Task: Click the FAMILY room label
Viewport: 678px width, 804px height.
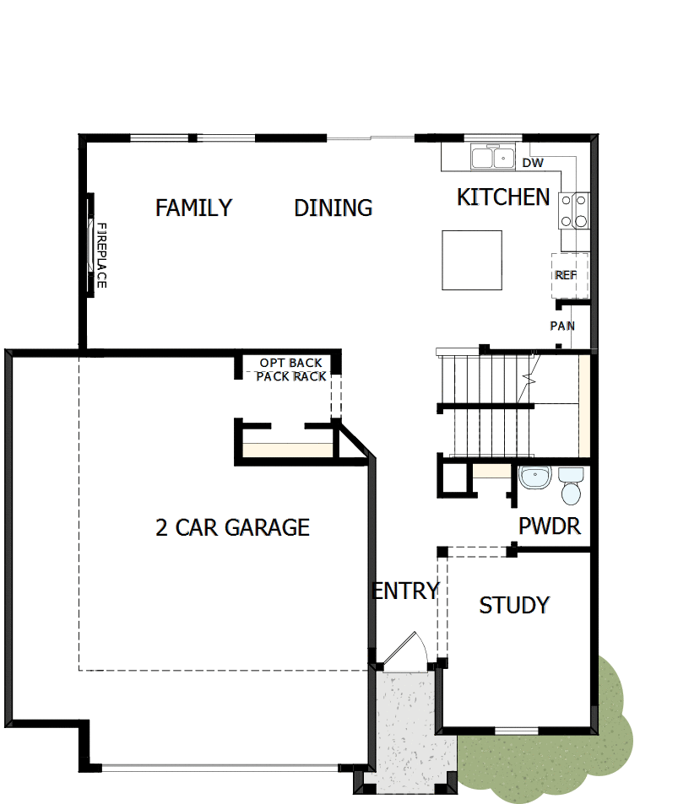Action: pos(193,208)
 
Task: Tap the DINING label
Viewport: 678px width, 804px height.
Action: pos(334,208)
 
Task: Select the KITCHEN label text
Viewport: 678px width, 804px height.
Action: pos(503,197)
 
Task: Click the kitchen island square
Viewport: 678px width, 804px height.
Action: pos(472,259)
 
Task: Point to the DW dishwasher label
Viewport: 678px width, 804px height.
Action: pos(533,163)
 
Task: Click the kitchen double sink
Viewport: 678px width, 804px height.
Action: pos(494,158)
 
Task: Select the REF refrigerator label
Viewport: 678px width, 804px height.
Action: pos(565,275)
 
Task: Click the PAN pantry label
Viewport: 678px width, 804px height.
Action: pos(563,326)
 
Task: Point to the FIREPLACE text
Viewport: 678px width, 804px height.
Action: pos(100,255)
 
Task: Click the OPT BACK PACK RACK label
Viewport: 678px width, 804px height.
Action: pos(291,370)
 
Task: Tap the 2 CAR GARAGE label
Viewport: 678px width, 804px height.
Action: pos(232,528)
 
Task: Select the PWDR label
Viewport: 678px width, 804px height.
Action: pos(550,527)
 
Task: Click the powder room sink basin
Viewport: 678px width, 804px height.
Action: pos(534,478)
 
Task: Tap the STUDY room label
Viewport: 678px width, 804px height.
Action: pos(514,605)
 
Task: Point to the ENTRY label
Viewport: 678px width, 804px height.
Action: pos(406,591)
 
